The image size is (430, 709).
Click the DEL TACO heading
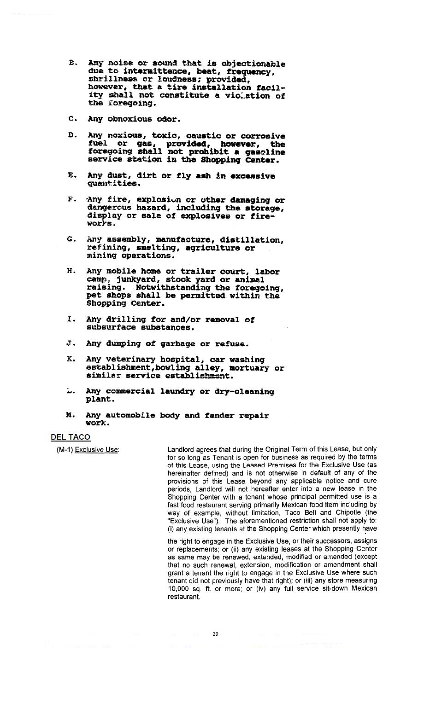pyautogui.click(x=71, y=437)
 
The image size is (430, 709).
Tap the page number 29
pyautogui.click(x=215, y=634)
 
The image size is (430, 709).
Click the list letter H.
pyautogui.click(x=71, y=271)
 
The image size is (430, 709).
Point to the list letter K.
pyautogui.click(x=71, y=359)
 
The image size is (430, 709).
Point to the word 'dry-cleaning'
pyautogui.click(x=244, y=392)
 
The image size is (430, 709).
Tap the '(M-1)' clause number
pyautogui.click(x=65, y=449)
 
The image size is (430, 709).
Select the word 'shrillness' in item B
pyautogui.click(x=111, y=79)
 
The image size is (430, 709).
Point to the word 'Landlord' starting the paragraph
pyautogui.click(x=181, y=449)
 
